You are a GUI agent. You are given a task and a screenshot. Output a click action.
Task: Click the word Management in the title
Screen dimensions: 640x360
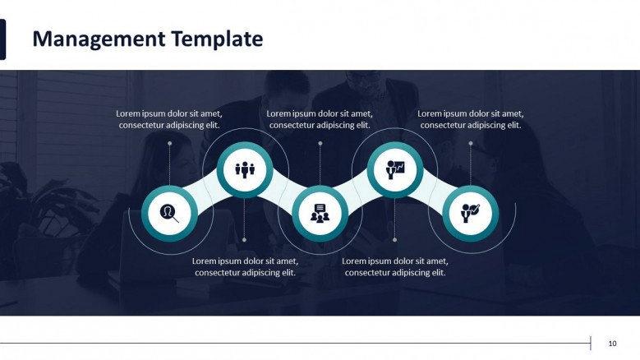99,40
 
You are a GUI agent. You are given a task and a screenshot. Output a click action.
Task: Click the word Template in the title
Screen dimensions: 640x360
217,39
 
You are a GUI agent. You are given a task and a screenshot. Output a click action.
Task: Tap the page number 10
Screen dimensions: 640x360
612,344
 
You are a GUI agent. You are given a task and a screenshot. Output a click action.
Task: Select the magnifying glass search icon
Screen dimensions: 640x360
169,213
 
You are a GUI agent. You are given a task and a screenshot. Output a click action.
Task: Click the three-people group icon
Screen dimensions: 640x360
245,169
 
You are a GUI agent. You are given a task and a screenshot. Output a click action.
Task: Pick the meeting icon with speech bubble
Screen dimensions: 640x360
320,214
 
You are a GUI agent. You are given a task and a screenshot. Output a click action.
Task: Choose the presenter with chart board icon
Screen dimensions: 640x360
395,169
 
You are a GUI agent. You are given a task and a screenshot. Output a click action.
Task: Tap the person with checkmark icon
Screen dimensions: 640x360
470,213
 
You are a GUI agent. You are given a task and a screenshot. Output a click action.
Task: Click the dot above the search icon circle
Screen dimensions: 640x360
170,144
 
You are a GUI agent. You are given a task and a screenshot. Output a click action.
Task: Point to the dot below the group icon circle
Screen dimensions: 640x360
245,240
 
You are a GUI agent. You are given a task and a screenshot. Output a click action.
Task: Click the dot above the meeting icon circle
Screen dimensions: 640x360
320,144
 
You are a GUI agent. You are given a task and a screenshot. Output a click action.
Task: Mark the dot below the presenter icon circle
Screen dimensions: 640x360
394,240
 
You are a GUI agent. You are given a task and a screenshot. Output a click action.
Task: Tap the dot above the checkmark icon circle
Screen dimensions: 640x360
471,144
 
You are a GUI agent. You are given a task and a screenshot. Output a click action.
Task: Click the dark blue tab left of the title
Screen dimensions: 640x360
2,39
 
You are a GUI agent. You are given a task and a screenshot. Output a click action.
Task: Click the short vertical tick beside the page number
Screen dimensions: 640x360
591,344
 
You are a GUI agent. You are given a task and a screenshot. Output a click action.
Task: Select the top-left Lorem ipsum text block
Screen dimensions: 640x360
169,119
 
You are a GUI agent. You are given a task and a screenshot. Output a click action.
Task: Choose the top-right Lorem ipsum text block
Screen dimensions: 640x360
471,119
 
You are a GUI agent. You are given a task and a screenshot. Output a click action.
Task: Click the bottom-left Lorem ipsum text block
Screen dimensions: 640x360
245,266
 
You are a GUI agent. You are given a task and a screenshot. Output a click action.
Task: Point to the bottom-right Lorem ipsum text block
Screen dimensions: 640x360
395,266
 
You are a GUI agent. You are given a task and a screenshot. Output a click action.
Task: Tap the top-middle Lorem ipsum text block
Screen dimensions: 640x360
320,119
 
